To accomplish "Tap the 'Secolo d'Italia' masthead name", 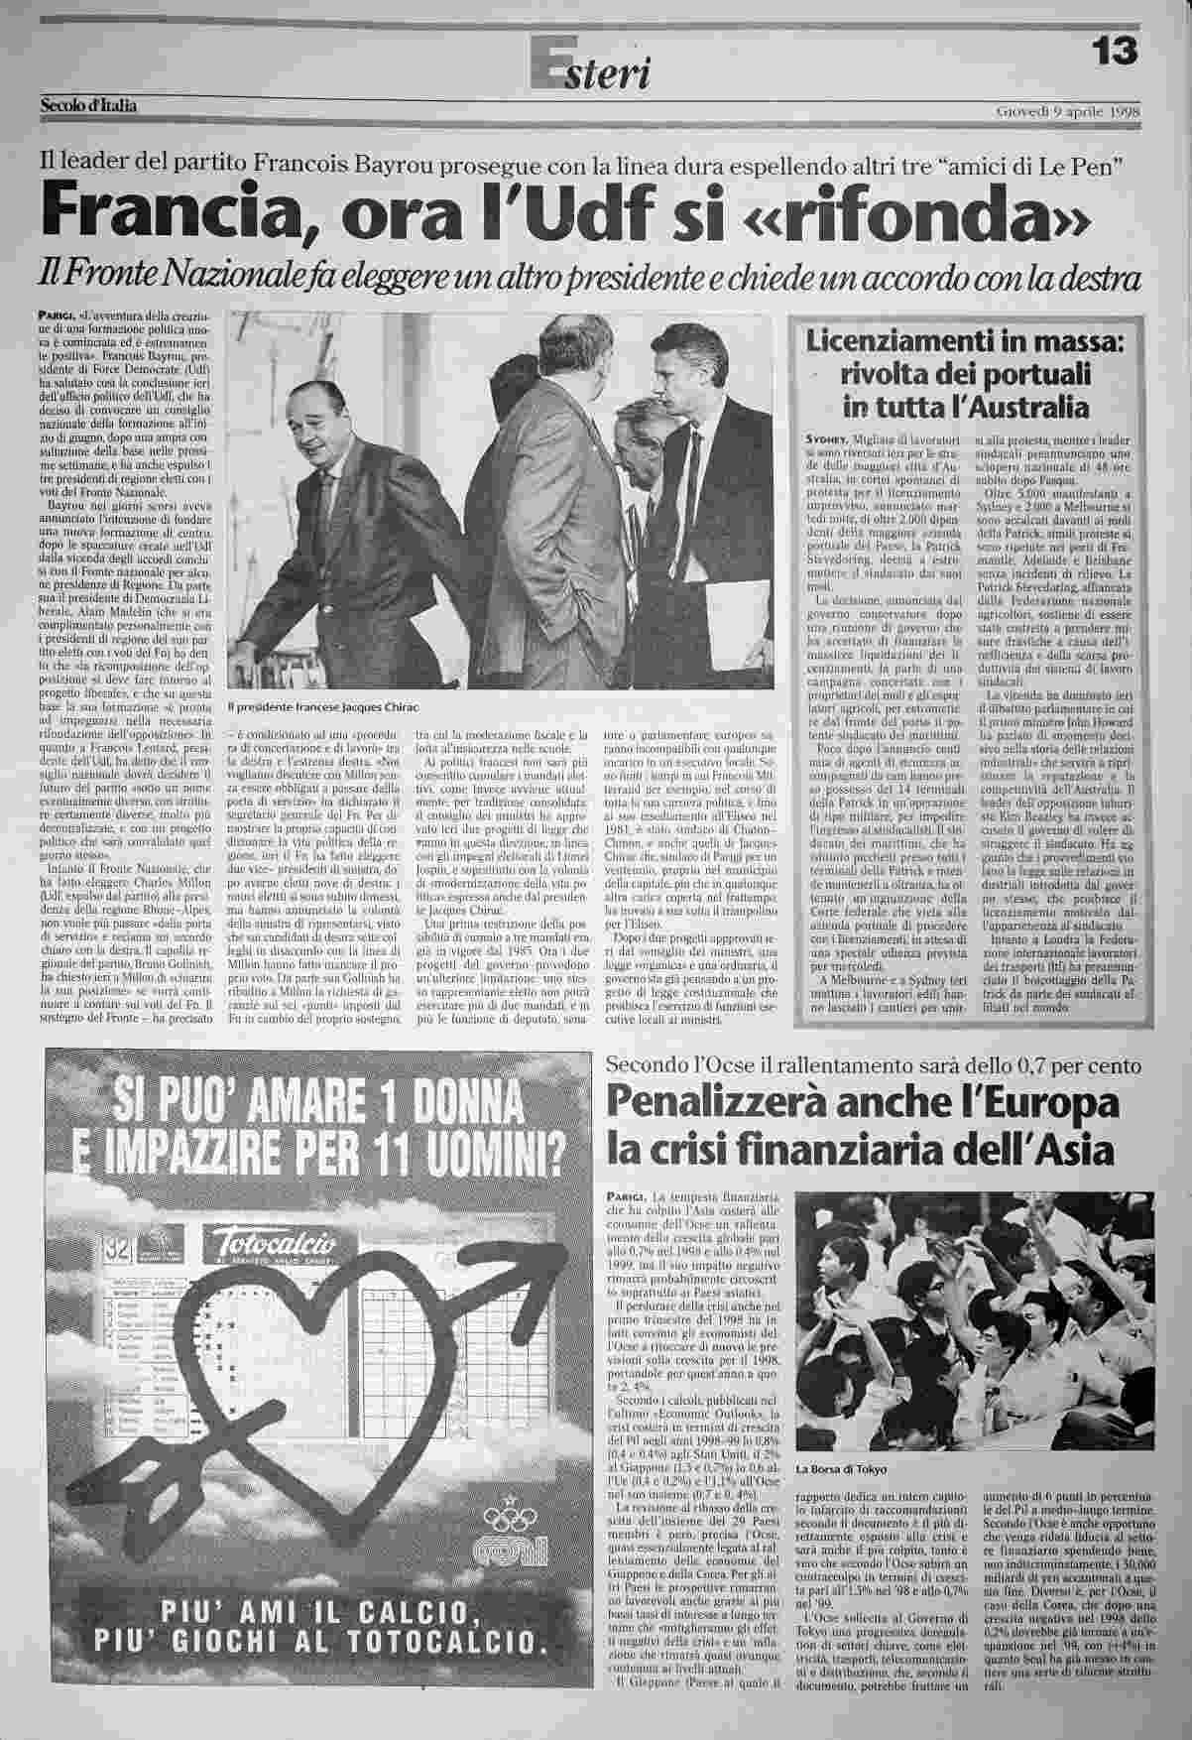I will tap(88, 105).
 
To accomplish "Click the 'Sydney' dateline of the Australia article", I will tap(825, 438).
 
